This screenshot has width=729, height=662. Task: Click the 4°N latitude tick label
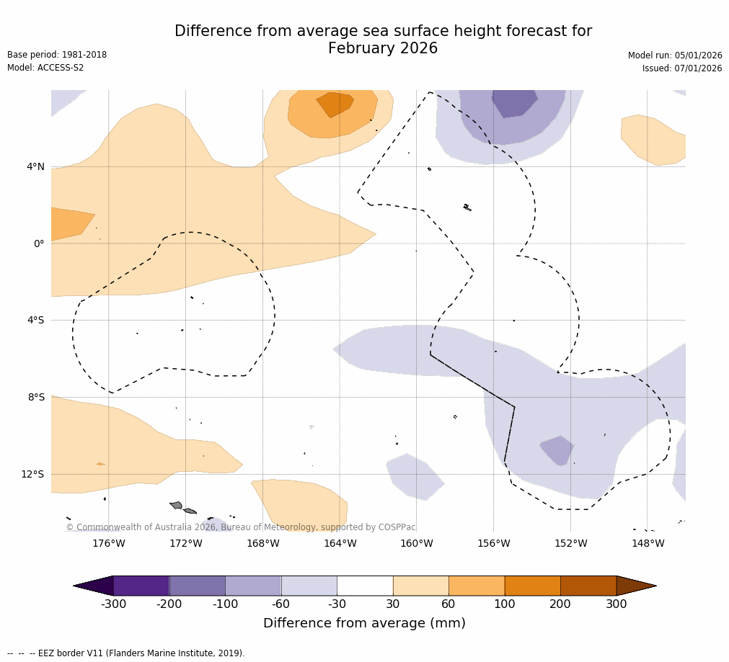(35, 167)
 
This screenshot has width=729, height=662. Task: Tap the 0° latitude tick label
(40, 243)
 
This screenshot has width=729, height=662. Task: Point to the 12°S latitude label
(32, 474)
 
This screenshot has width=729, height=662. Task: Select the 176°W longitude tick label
(108, 543)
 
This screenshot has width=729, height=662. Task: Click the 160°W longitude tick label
(416, 543)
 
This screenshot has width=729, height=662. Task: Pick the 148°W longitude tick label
(648, 543)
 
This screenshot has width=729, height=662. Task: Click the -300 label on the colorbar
(113, 604)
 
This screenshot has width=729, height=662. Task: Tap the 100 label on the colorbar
(505, 604)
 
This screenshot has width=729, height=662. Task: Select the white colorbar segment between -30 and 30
(365, 586)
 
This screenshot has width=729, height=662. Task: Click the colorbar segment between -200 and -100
(197, 586)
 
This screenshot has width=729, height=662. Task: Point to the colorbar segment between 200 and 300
(588, 586)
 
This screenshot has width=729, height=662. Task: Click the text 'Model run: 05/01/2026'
(675, 55)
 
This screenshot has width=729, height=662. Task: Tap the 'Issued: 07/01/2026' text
(682, 68)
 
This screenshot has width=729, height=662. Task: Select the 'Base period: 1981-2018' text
(57, 55)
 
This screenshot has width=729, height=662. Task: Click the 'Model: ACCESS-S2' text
(45, 68)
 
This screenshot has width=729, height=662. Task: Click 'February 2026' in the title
(383, 49)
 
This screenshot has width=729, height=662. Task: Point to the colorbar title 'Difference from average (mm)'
(364, 624)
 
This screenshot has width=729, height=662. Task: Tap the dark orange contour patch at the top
(335, 103)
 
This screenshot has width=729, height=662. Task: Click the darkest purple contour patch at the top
(514, 102)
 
